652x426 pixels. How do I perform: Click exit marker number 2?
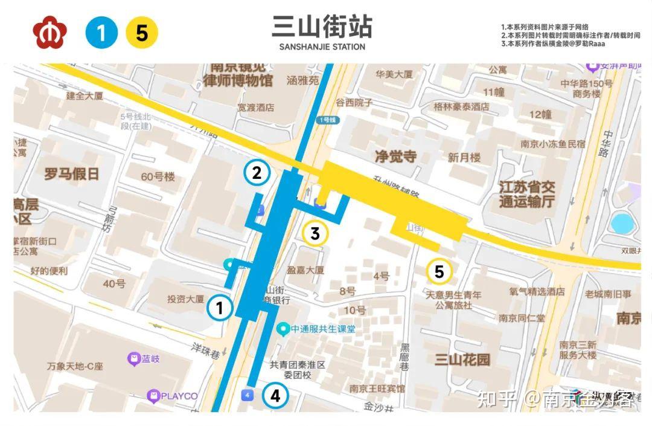[257, 173]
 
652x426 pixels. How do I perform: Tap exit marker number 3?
[315, 233]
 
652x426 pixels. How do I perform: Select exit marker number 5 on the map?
[439, 272]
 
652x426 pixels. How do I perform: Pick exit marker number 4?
[275, 396]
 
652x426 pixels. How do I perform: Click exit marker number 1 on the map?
[220, 308]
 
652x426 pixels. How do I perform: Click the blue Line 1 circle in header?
[101, 33]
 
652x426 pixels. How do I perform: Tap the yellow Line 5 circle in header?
[142, 33]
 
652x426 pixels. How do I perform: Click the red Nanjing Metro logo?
[50, 33]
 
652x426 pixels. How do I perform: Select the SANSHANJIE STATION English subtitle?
[322, 47]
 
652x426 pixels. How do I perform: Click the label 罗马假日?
[71, 175]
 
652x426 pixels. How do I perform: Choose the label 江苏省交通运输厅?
[527, 195]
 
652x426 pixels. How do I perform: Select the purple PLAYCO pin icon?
[153, 396]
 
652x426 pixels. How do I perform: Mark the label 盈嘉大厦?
[306, 270]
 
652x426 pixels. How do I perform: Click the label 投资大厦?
[185, 299]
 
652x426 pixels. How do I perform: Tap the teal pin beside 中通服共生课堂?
[282, 329]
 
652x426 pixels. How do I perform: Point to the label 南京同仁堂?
[522, 318]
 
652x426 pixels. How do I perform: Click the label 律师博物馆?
[238, 80]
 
